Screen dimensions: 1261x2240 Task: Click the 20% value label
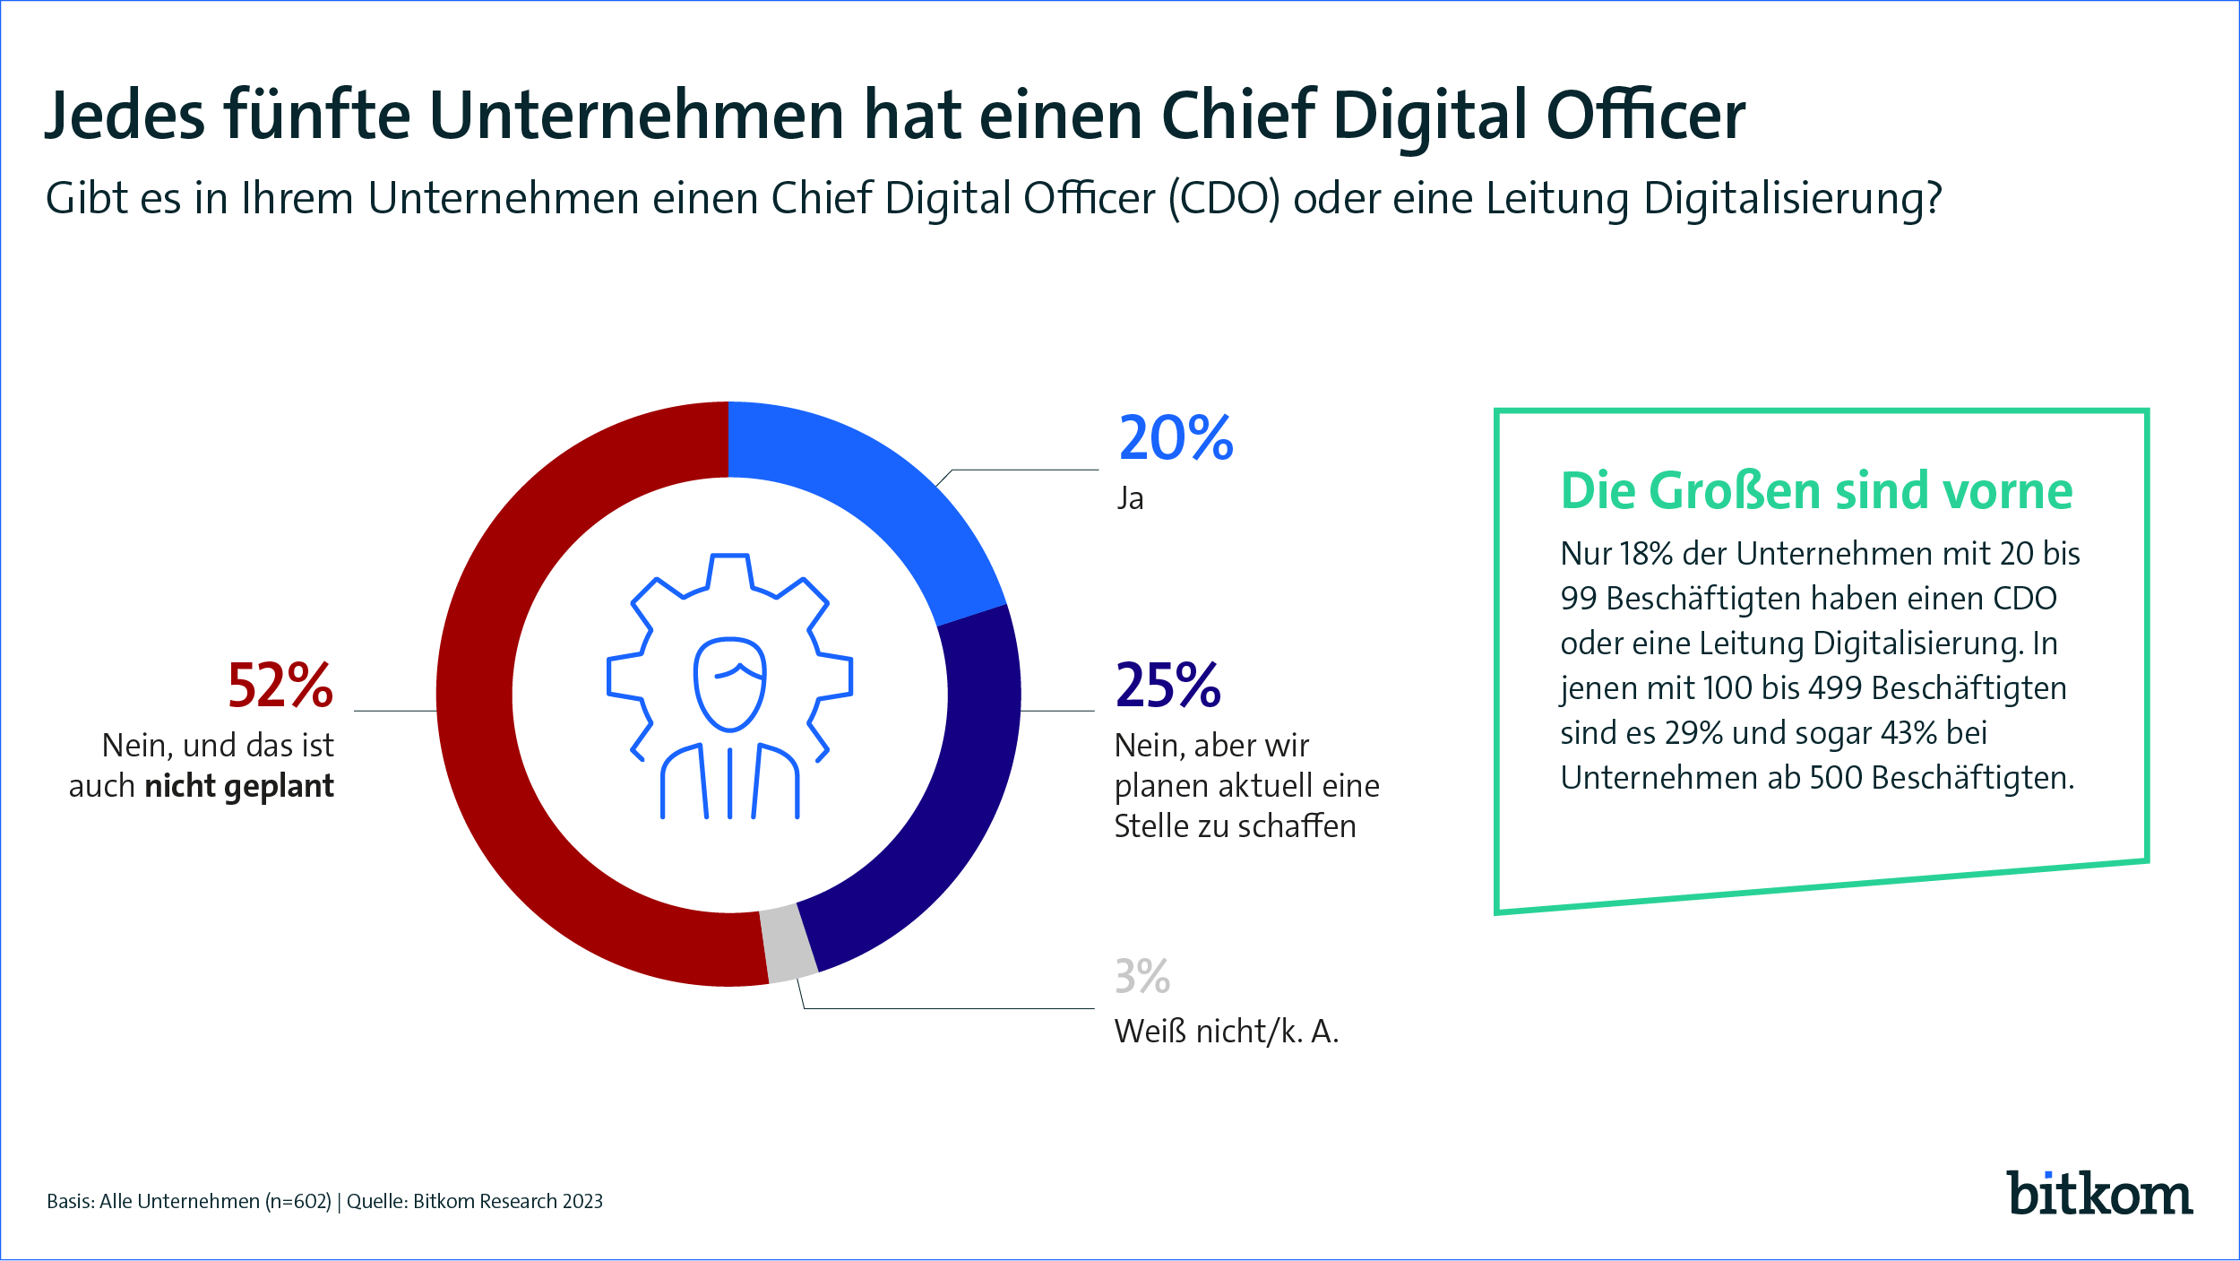(x=1176, y=439)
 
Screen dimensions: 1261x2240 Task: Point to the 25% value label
(x=1167, y=687)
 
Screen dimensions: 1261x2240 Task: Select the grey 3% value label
(x=1142, y=977)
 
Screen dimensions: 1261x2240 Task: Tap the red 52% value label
(x=280, y=687)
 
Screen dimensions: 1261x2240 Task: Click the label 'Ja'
(x=1131, y=498)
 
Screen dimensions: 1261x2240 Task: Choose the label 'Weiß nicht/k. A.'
(x=1226, y=1032)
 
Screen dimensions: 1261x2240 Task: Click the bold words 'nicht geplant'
(x=239, y=786)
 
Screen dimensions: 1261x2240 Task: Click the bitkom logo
(x=2099, y=1194)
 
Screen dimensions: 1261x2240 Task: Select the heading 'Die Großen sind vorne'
(x=1816, y=491)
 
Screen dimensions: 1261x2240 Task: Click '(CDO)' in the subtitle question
(x=1224, y=199)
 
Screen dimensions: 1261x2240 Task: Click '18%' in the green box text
(x=1646, y=554)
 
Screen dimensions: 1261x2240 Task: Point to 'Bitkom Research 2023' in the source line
(x=507, y=1202)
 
